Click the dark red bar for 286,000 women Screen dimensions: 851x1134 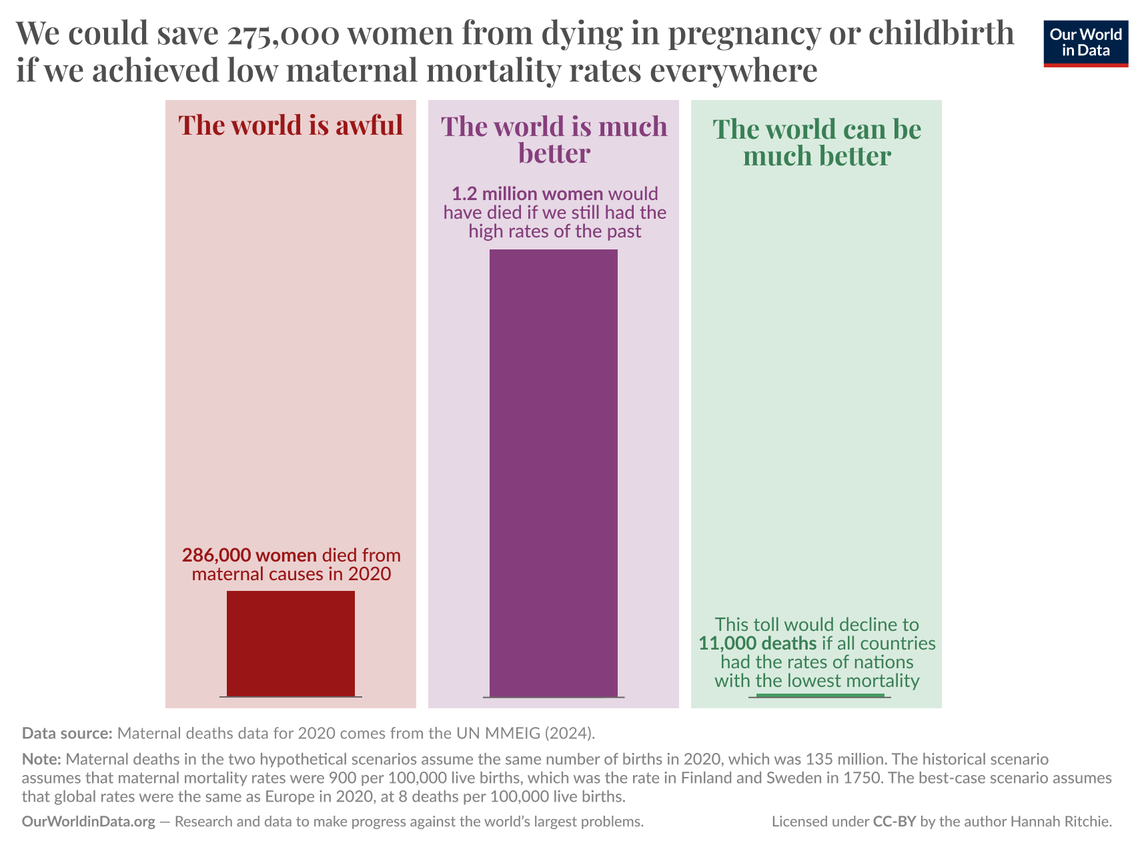coord(291,643)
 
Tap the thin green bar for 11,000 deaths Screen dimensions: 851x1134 coord(820,696)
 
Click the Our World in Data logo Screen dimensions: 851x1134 coord(1085,43)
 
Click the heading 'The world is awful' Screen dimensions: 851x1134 coord(291,125)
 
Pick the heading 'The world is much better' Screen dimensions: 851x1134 coord(554,139)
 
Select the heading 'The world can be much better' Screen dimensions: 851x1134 coord(816,142)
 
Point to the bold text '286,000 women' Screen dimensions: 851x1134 coord(249,555)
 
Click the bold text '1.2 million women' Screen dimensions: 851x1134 coord(527,194)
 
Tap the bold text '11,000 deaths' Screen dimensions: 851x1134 coord(757,644)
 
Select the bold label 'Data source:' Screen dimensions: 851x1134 coord(67,733)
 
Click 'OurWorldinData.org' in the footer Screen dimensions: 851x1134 coord(89,822)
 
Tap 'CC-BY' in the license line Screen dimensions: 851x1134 coord(894,822)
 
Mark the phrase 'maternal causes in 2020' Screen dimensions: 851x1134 coord(291,574)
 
